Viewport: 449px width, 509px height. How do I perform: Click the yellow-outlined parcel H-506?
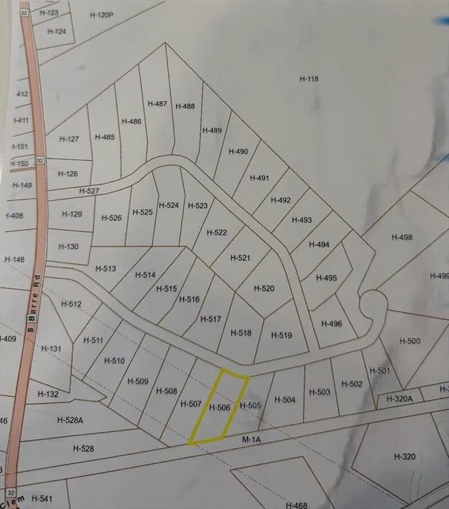[219, 408]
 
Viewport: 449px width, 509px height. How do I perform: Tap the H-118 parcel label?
[309, 79]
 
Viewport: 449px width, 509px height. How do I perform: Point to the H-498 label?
[401, 237]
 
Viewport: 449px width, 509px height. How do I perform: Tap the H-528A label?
[70, 420]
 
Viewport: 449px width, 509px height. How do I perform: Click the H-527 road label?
[89, 191]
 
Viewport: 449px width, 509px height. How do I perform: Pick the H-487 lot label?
[158, 103]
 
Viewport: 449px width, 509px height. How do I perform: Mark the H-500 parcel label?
[409, 341]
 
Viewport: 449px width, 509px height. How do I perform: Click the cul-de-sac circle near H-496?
[372, 307]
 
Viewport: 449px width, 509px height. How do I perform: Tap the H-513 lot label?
[105, 268]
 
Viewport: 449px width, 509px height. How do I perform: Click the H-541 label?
[41, 498]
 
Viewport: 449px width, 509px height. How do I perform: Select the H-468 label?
[296, 504]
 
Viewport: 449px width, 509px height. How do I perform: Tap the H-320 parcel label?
[404, 457]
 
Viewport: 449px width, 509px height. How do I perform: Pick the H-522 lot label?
[217, 233]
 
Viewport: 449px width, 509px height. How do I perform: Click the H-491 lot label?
[260, 178]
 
